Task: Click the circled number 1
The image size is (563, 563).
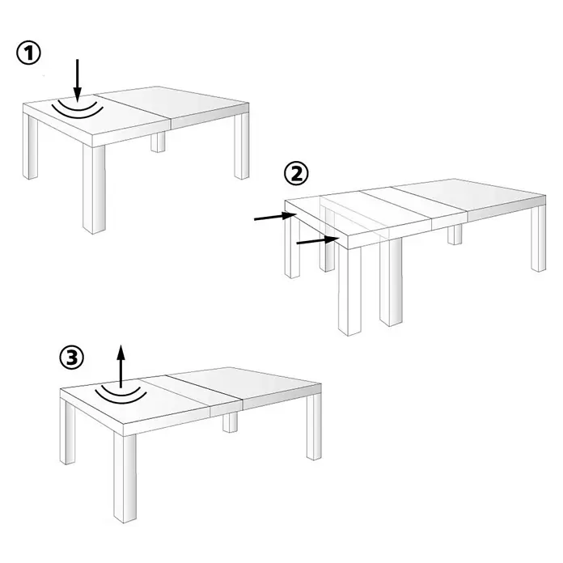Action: coord(29,53)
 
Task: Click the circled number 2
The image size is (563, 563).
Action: coord(296,173)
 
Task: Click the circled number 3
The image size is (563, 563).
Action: coord(72,358)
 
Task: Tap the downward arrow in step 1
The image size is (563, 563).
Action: coord(78,81)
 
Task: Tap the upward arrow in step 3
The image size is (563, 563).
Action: coord(121,366)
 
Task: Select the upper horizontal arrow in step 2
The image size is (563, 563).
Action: coord(275,217)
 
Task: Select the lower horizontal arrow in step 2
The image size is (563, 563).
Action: coord(318,241)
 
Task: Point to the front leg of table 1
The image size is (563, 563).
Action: coord(94,188)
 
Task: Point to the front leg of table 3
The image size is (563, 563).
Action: coord(125,478)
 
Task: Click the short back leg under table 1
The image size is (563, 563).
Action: coord(158,142)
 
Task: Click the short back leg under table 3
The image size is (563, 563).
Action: coord(231,422)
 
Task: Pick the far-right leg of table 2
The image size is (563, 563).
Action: coord(539,238)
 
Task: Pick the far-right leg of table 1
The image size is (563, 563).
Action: coord(242,146)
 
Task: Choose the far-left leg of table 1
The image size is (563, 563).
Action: coord(30,146)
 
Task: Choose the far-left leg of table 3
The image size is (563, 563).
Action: coord(67,431)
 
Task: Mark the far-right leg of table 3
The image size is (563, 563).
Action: coord(314,426)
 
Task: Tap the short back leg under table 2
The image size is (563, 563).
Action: coord(455,235)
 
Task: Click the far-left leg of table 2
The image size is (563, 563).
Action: coord(292,245)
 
